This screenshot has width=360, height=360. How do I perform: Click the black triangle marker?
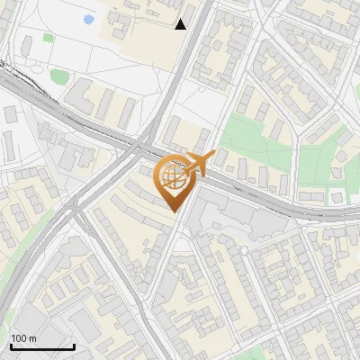181,24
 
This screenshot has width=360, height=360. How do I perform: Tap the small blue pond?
87,19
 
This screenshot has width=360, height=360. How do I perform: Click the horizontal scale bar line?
42,346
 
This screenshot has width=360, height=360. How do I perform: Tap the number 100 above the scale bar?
19,338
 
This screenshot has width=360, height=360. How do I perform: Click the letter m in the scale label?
32,338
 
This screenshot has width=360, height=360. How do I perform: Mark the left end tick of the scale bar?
11,346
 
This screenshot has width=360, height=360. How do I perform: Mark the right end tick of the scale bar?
74,346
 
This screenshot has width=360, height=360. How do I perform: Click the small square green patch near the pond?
48,38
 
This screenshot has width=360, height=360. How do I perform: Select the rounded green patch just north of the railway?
58,76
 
